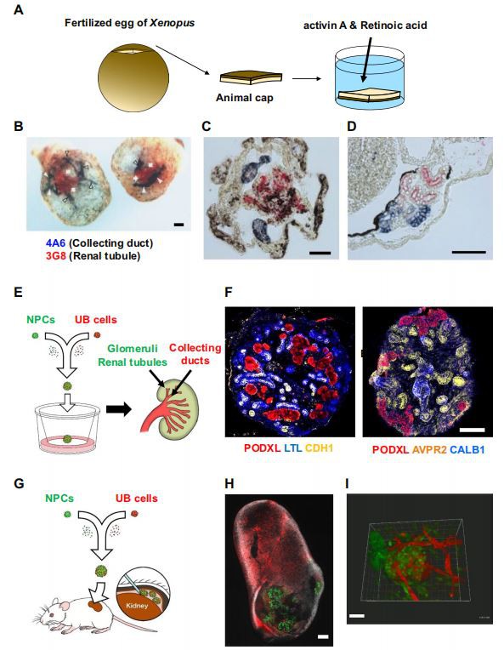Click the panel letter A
pyautogui.click(x=19, y=9)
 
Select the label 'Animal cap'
pyautogui.click(x=244, y=98)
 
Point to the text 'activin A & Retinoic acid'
pyautogui.click(x=365, y=26)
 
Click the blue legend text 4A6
pyautogui.click(x=55, y=243)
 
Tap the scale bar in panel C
pyautogui.click(x=320, y=253)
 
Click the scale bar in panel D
pyautogui.click(x=469, y=251)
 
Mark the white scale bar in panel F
pyautogui.click(x=472, y=430)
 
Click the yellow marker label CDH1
pyautogui.click(x=319, y=448)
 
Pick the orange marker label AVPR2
pyautogui.click(x=429, y=449)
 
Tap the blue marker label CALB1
pyautogui.click(x=467, y=449)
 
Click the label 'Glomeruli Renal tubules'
pyautogui.click(x=133, y=356)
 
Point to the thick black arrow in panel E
pyautogui.click(x=118, y=409)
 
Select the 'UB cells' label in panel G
pyautogui.click(x=136, y=498)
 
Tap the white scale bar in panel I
pyautogui.click(x=357, y=616)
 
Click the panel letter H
pyautogui.click(x=229, y=483)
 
